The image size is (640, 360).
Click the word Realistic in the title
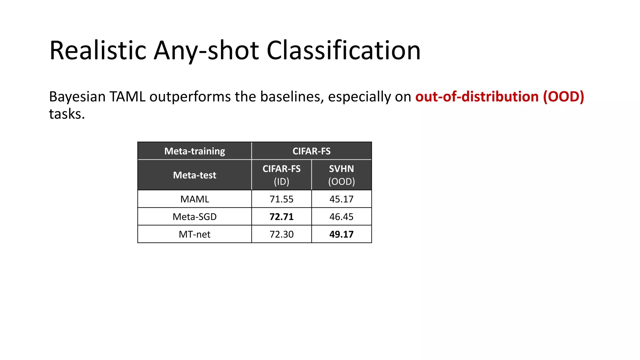(98, 50)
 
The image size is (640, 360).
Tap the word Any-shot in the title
(206, 50)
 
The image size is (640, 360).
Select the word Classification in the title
(343, 50)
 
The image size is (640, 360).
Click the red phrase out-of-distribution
(477, 97)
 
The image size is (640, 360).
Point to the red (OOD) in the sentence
(563, 97)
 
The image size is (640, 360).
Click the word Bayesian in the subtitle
(77, 97)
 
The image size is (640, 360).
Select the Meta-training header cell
(195, 151)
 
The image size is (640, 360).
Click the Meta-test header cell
(195, 175)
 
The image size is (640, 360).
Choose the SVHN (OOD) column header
(342, 175)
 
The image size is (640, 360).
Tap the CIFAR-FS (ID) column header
(282, 175)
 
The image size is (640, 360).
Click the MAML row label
(195, 199)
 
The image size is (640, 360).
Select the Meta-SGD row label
(195, 217)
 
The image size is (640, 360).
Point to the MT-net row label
(195, 234)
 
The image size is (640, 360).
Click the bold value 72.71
(282, 217)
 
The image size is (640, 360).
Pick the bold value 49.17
(342, 234)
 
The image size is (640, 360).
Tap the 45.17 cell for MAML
(342, 199)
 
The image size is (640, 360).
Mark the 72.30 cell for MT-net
(282, 234)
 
